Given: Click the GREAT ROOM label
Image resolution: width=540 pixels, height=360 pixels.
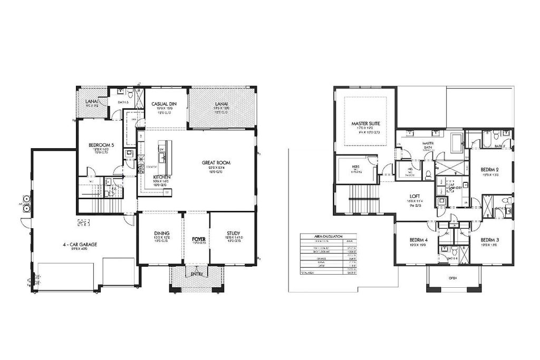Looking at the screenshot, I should pyautogui.click(x=216, y=162).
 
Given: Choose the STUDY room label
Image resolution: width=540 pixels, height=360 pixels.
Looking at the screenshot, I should pyautogui.click(x=233, y=233).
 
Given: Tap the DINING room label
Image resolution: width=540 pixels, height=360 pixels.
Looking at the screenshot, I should pyautogui.click(x=161, y=233).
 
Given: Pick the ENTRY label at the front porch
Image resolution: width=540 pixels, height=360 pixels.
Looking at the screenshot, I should pyautogui.click(x=197, y=274).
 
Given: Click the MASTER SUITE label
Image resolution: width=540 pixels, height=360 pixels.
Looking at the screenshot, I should pyautogui.click(x=365, y=124).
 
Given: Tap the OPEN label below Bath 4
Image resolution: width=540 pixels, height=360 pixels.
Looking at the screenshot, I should pyautogui.click(x=452, y=278).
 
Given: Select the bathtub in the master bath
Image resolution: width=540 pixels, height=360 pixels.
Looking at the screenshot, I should pyautogui.click(x=457, y=143).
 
